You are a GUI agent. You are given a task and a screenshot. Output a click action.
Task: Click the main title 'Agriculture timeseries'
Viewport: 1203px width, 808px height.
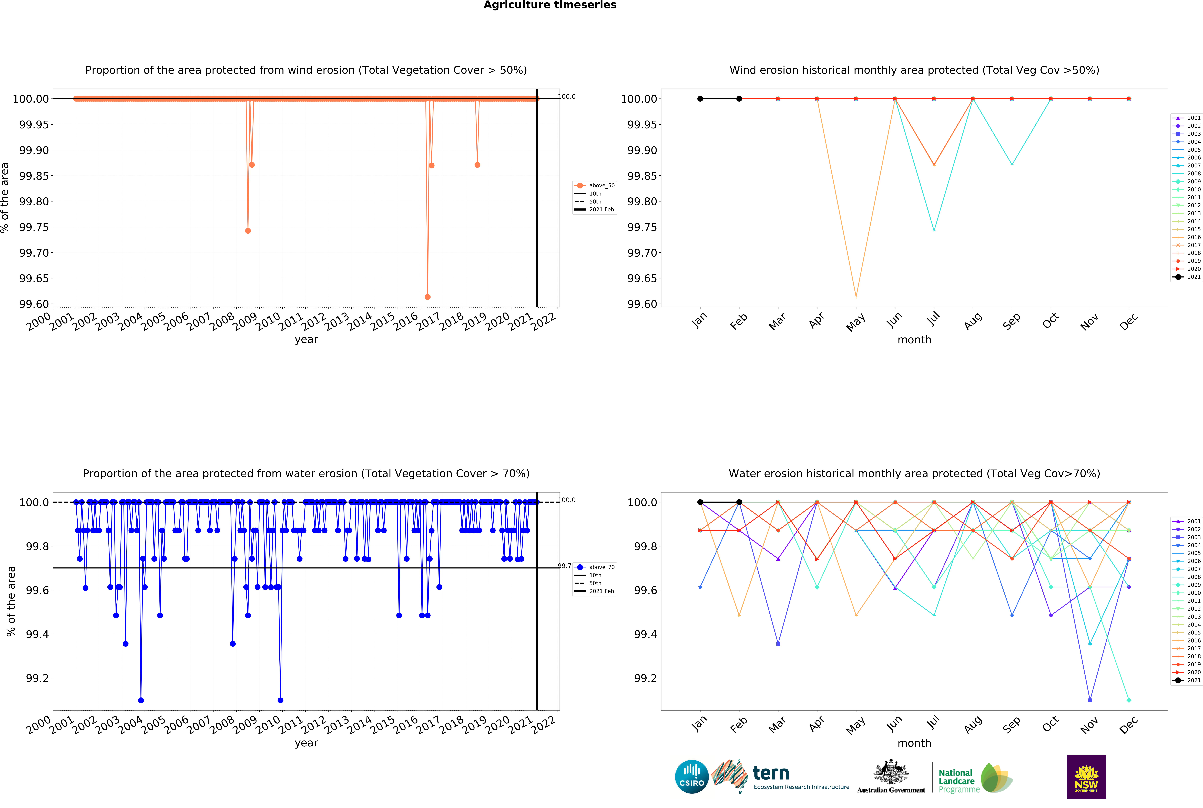coord(550,5)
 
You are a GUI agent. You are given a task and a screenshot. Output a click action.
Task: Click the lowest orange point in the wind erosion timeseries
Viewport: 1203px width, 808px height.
coord(427,297)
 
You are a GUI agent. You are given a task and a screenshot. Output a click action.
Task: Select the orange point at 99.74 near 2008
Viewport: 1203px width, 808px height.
coord(248,231)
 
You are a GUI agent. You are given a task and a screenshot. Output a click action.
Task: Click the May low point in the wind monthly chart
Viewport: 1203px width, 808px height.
coord(856,297)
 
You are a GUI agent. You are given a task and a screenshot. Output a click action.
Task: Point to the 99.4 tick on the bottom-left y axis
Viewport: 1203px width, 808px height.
coord(37,634)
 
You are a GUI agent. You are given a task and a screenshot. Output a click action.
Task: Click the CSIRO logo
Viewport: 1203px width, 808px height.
coord(691,777)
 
